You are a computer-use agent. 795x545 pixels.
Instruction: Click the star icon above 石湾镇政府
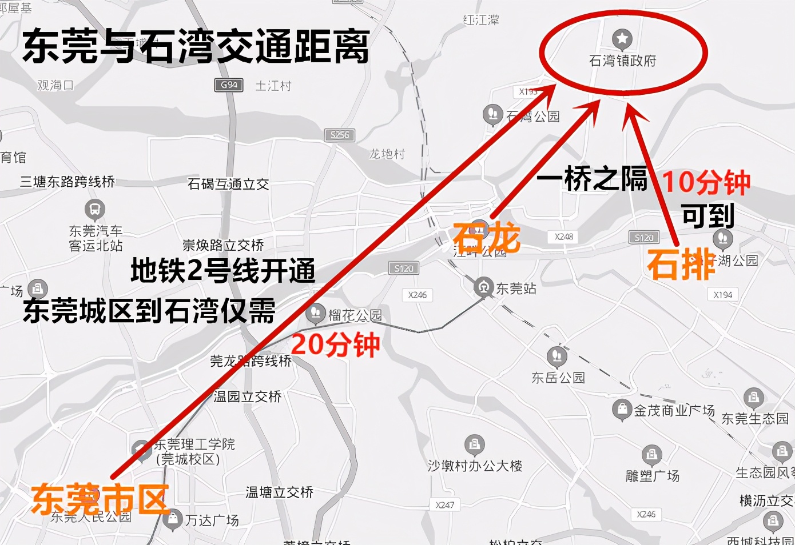coord(622,39)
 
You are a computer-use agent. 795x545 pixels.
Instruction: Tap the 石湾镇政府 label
coord(622,61)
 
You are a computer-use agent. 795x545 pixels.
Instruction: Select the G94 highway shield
coord(229,85)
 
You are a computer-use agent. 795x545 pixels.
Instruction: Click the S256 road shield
coord(339,135)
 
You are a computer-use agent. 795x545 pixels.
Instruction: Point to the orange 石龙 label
coord(487,237)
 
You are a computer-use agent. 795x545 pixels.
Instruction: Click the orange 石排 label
coord(681,265)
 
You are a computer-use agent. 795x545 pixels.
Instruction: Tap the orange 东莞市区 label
coord(100,499)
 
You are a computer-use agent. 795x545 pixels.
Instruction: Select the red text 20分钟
coord(336,344)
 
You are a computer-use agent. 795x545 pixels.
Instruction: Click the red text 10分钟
coord(706,182)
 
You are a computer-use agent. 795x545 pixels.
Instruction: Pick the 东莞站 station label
coord(516,289)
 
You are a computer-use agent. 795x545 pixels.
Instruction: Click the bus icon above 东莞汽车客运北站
coord(95,210)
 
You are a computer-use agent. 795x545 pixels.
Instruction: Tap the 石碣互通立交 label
coord(228,184)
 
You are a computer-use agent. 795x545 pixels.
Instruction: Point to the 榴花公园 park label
coord(355,315)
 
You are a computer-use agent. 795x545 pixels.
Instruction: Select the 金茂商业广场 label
coord(674,410)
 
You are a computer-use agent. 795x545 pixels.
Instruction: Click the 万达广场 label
coord(212,520)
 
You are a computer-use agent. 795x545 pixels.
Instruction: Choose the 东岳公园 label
coord(558,378)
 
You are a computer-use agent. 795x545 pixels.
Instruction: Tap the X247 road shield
coord(444,505)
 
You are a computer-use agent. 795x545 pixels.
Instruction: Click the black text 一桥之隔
coord(592,179)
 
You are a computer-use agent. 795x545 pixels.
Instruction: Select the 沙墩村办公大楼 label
coord(475,466)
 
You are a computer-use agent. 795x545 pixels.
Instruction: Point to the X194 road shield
coord(723,295)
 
